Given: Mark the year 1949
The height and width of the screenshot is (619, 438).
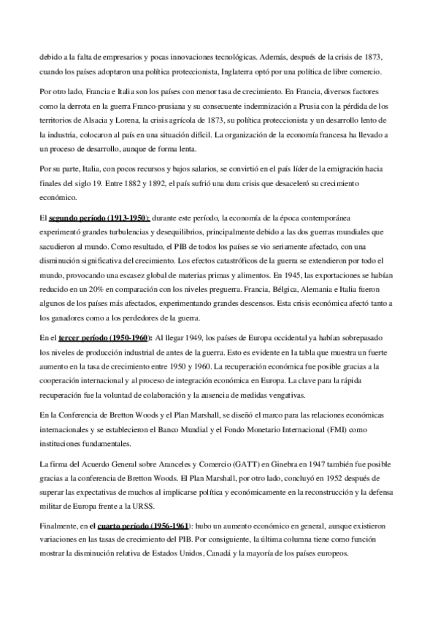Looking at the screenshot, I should [x=195, y=339].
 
